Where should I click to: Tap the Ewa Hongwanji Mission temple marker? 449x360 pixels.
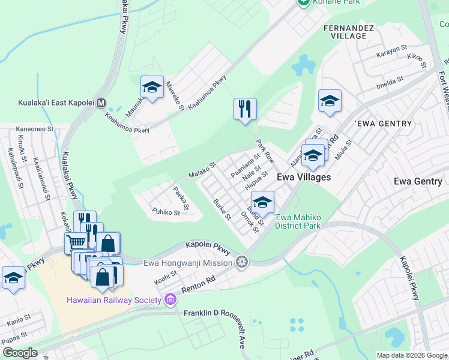point(242,262)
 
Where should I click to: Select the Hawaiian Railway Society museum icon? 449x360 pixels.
point(170,299)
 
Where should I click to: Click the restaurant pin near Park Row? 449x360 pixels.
point(245,109)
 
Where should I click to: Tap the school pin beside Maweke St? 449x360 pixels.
point(152,88)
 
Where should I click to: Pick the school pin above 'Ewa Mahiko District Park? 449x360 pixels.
point(262,202)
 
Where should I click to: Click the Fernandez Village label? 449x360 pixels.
point(345,32)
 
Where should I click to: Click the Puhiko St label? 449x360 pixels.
point(166,212)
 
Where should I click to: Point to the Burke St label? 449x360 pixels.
point(222,209)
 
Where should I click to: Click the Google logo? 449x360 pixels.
point(19,353)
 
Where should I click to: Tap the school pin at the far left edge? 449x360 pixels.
point(13,277)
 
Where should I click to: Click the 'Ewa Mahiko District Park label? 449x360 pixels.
point(298,221)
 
